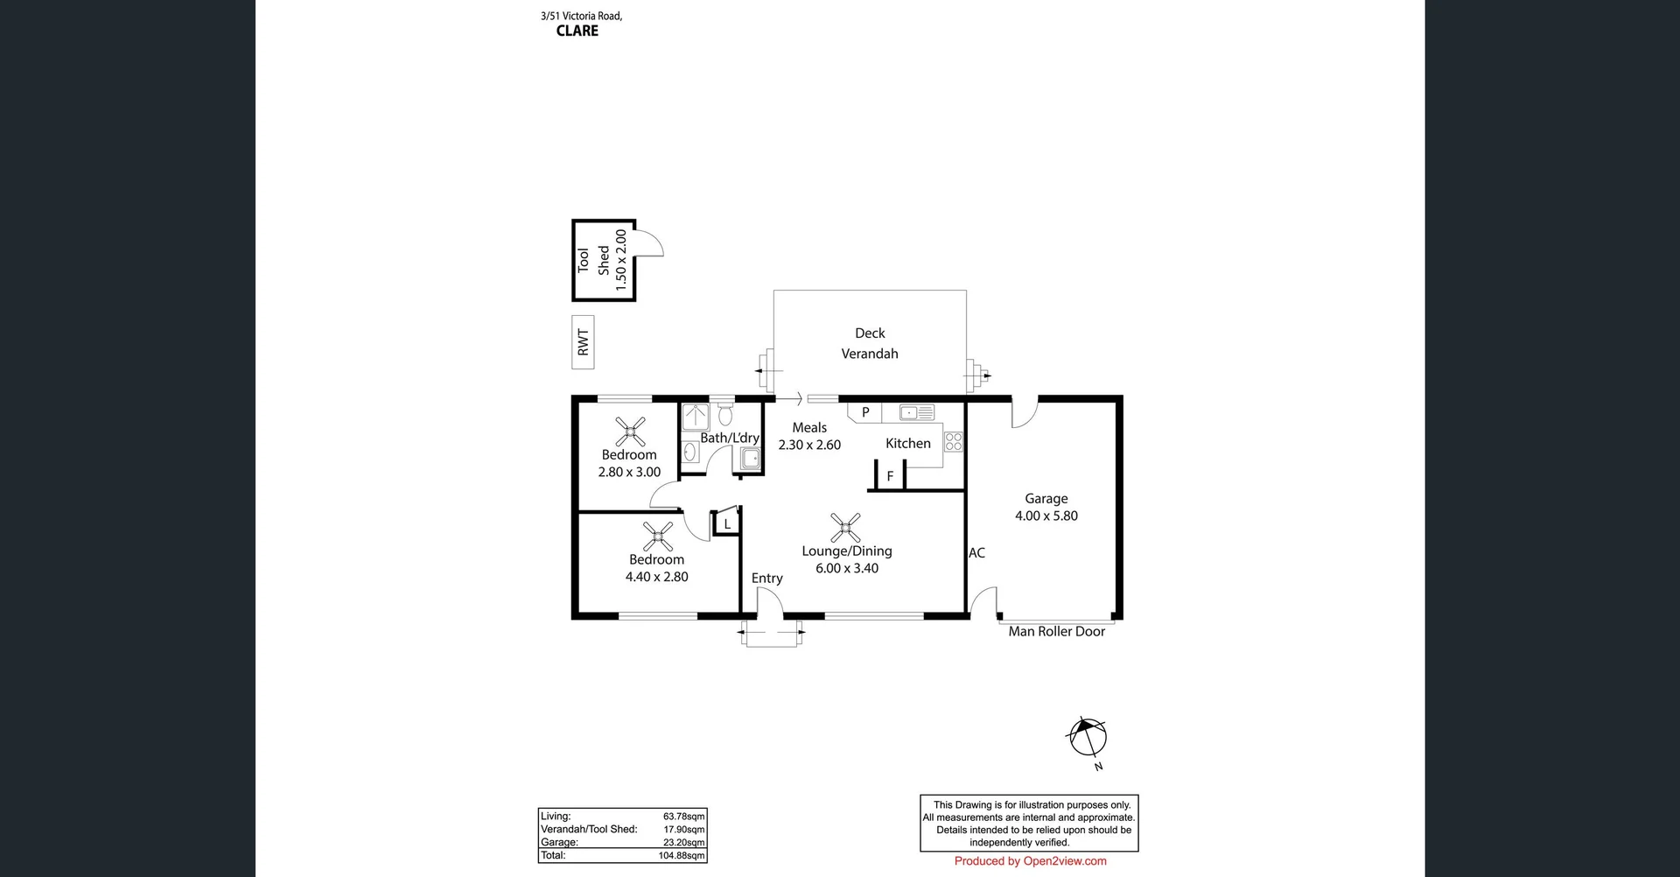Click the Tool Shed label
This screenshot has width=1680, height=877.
[x=593, y=260]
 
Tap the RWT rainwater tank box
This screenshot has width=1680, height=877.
[x=583, y=342]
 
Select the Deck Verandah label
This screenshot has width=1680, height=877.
[x=870, y=343]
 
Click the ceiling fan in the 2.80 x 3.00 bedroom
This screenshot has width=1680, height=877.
[x=630, y=431]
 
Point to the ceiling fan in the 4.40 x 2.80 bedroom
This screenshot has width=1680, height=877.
[x=657, y=537]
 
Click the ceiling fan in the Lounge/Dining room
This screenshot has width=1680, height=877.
[x=845, y=528]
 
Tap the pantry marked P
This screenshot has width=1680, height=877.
[x=865, y=412]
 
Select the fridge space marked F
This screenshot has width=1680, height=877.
[x=890, y=476]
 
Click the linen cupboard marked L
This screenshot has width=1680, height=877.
[x=726, y=523]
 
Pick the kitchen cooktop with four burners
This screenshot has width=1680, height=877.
[x=953, y=442]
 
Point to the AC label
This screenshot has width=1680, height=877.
[x=976, y=553]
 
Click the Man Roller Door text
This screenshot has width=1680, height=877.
[x=1056, y=631]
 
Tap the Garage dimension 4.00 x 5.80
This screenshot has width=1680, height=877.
[x=1046, y=516]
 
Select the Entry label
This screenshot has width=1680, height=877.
[x=766, y=578]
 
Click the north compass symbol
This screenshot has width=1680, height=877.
[x=1087, y=738]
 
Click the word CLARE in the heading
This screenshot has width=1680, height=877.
[x=577, y=31]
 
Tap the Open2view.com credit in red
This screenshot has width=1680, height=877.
[x=1030, y=861]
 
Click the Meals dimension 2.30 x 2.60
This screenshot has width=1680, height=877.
[x=809, y=445]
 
